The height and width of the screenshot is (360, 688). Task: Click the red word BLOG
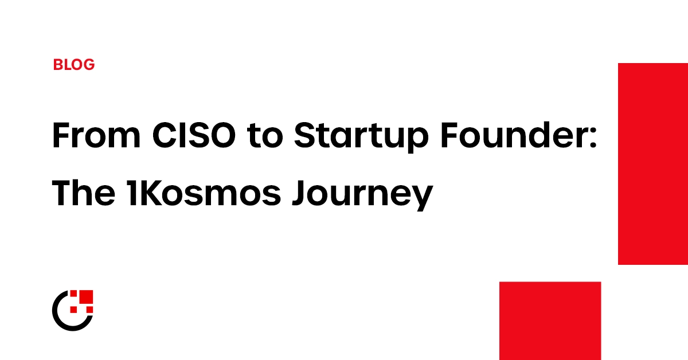73,65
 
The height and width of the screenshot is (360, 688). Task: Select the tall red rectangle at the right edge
652,164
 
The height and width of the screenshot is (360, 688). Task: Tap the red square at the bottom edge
550,320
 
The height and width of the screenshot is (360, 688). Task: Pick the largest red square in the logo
85,298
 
